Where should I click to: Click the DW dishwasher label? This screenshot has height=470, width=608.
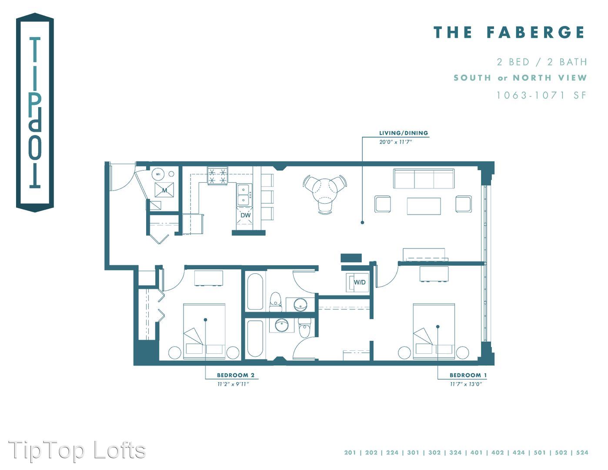(x=245, y=215)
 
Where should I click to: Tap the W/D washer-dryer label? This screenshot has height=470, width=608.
(x=360, y=282)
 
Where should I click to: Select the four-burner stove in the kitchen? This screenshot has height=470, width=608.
(x=217, y=176)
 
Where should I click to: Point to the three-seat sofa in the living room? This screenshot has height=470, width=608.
(x=424, y=178)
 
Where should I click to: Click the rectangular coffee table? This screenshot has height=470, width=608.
(x=424, y=206)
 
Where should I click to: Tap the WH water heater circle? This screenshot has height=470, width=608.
(x=158, y=174)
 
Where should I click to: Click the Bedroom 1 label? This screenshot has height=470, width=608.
(x=468, y=375)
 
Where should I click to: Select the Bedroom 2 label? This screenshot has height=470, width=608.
(x=236, y=375)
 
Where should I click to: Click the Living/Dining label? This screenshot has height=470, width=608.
(x=404, y=133)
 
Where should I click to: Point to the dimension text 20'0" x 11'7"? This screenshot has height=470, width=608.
(x=396, y=142)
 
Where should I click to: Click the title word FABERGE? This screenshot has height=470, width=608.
(x=535, y=32)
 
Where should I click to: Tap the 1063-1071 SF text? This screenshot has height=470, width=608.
(x=541, y=95)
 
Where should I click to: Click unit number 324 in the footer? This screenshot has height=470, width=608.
(x=455, y=453)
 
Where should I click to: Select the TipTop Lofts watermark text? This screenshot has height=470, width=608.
(x=77, y=450)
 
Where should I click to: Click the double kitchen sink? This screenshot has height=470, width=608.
(x=244, y=195)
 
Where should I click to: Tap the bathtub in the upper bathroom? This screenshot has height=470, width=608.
(x=255, y=292)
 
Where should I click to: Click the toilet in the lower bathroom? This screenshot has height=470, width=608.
(x=304, y=327)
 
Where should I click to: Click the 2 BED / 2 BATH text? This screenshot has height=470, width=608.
(x=542, y=62)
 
